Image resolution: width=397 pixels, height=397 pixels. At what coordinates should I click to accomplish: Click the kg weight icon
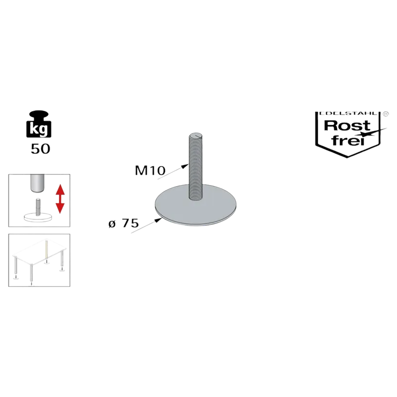(39, 124)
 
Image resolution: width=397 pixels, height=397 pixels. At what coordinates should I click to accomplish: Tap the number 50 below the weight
(41, 149)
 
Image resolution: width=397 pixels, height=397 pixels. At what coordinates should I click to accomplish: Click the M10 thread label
(150, 170)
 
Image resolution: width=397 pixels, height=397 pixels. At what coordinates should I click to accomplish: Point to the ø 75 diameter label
(124, 223)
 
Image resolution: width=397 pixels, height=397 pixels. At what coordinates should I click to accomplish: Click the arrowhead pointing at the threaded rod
(185, 166)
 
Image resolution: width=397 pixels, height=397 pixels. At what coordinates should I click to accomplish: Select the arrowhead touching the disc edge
(158, 220)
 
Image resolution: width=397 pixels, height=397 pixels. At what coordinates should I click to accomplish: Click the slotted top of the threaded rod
(196, 136)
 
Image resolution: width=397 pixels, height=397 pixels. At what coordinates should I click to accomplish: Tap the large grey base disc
(196, 205)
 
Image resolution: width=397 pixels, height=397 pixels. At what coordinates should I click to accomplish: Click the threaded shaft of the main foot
(196, 167)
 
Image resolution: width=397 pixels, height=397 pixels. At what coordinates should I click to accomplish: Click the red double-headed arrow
(60, 199)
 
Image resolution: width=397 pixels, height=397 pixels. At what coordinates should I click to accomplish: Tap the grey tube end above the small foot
(37, 183)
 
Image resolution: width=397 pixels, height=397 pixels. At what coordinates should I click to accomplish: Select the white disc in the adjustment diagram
(38, 217)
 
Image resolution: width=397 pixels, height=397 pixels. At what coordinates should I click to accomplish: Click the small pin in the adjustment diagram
(38, 206)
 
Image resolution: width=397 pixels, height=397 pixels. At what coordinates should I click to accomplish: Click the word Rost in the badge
(347, 126)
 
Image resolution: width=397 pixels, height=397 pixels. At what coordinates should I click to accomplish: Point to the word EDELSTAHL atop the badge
(348, 114)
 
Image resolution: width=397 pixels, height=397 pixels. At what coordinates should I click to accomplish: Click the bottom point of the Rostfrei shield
(347, 157)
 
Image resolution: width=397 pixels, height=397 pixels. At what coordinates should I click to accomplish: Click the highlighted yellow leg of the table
(46, 250)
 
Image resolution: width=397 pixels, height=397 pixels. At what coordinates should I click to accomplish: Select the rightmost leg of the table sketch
(62, 259)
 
